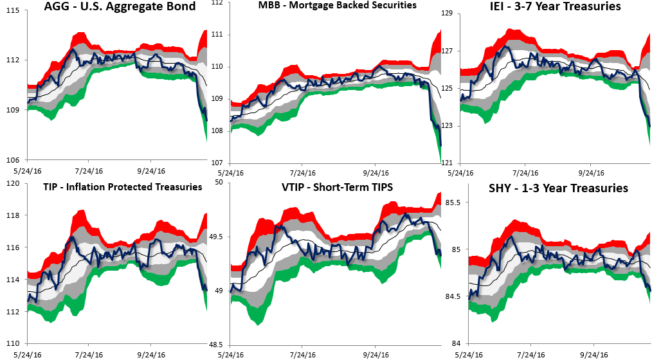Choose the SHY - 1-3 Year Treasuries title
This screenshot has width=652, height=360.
(557, 188)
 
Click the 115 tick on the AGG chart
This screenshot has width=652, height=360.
(13, 10)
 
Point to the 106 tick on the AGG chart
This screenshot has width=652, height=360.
(13, 159)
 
